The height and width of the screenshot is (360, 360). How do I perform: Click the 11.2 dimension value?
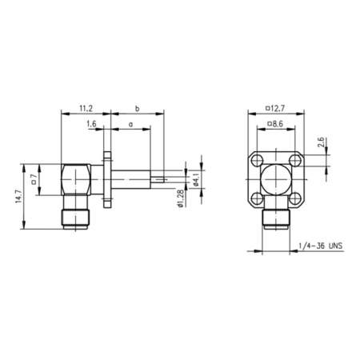pyautogui.click(x=86, y=107)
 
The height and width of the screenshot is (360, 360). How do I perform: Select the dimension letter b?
pyautogui.click(x=138, y=107)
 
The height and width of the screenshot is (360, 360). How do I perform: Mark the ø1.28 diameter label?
pyautogui.click(x=182, y=197)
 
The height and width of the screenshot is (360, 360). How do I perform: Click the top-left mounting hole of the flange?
pyautogui.click(x=258, y=159)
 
